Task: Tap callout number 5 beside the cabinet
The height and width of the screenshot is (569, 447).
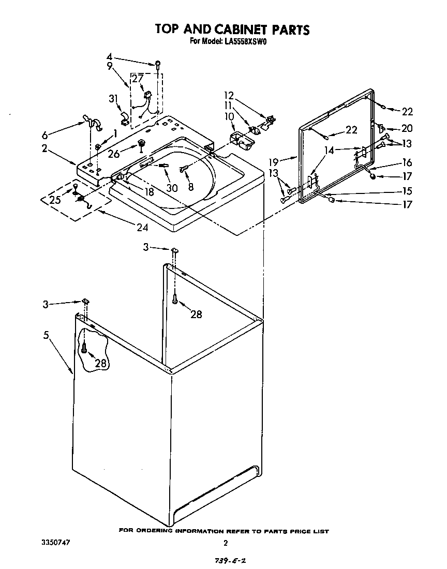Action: [x=47, y=335]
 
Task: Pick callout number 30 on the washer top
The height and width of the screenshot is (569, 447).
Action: [x=172, y=187]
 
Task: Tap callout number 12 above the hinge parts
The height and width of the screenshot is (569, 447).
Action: [x=229, y=95]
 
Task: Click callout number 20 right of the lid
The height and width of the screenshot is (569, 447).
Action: [x=407, y=129]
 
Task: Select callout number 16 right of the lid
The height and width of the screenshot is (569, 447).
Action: [x=407, y=163]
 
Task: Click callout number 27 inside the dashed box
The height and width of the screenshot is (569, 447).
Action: [x=138, y=78]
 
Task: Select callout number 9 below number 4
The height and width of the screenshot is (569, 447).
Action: [x=110, y=66]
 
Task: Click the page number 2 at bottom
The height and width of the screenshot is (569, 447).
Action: [x=225, y=543]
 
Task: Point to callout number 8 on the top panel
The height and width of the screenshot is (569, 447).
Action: [x=191, y=188]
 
